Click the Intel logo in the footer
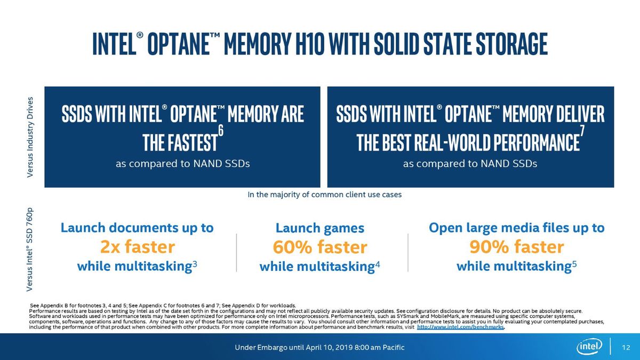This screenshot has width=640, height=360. click(589, 347)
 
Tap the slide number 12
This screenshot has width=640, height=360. click(626, 347)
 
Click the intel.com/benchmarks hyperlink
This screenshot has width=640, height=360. click(460, 327)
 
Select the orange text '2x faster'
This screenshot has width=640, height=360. click(138, 246)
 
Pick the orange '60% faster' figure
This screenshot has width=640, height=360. click(320, 247)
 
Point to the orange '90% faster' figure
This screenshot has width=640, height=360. click(517, 246)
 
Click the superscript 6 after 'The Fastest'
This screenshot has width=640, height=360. click(221, 131)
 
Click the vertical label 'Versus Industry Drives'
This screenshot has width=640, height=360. click(30, 137)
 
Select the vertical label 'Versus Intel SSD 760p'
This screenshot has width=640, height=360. click(30, 250)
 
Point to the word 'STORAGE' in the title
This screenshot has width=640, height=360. click(511, 44)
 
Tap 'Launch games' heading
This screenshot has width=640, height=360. click(320, 228)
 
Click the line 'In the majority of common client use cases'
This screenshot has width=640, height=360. click(325, 195)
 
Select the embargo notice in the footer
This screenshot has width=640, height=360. click(319, 347)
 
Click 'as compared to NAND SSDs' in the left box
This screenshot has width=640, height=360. click(183, 164)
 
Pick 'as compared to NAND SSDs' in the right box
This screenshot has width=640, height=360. click(470, 164)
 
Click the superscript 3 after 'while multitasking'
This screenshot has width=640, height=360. click(195, 263)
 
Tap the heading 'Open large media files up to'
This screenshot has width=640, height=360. click(517, 228)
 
